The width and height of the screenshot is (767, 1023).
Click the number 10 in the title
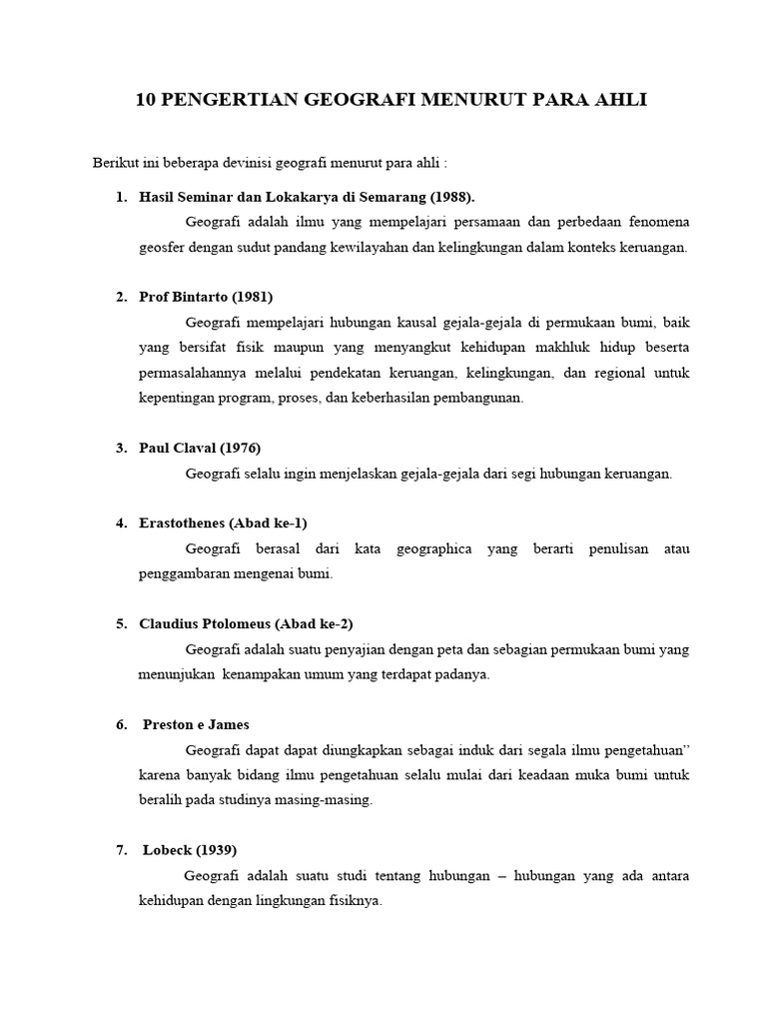coord(145,100)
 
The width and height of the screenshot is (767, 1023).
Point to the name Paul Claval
coord(177,448)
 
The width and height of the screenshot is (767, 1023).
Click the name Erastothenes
coord(183,522)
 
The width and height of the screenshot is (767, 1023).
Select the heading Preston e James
coord(197,724)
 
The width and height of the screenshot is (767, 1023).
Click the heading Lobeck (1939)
coord(190,850)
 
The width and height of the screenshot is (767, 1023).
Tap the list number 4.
coord(121,522)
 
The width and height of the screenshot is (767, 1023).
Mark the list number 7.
coord(121,850)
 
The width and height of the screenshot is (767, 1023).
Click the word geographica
coord(434,548)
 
